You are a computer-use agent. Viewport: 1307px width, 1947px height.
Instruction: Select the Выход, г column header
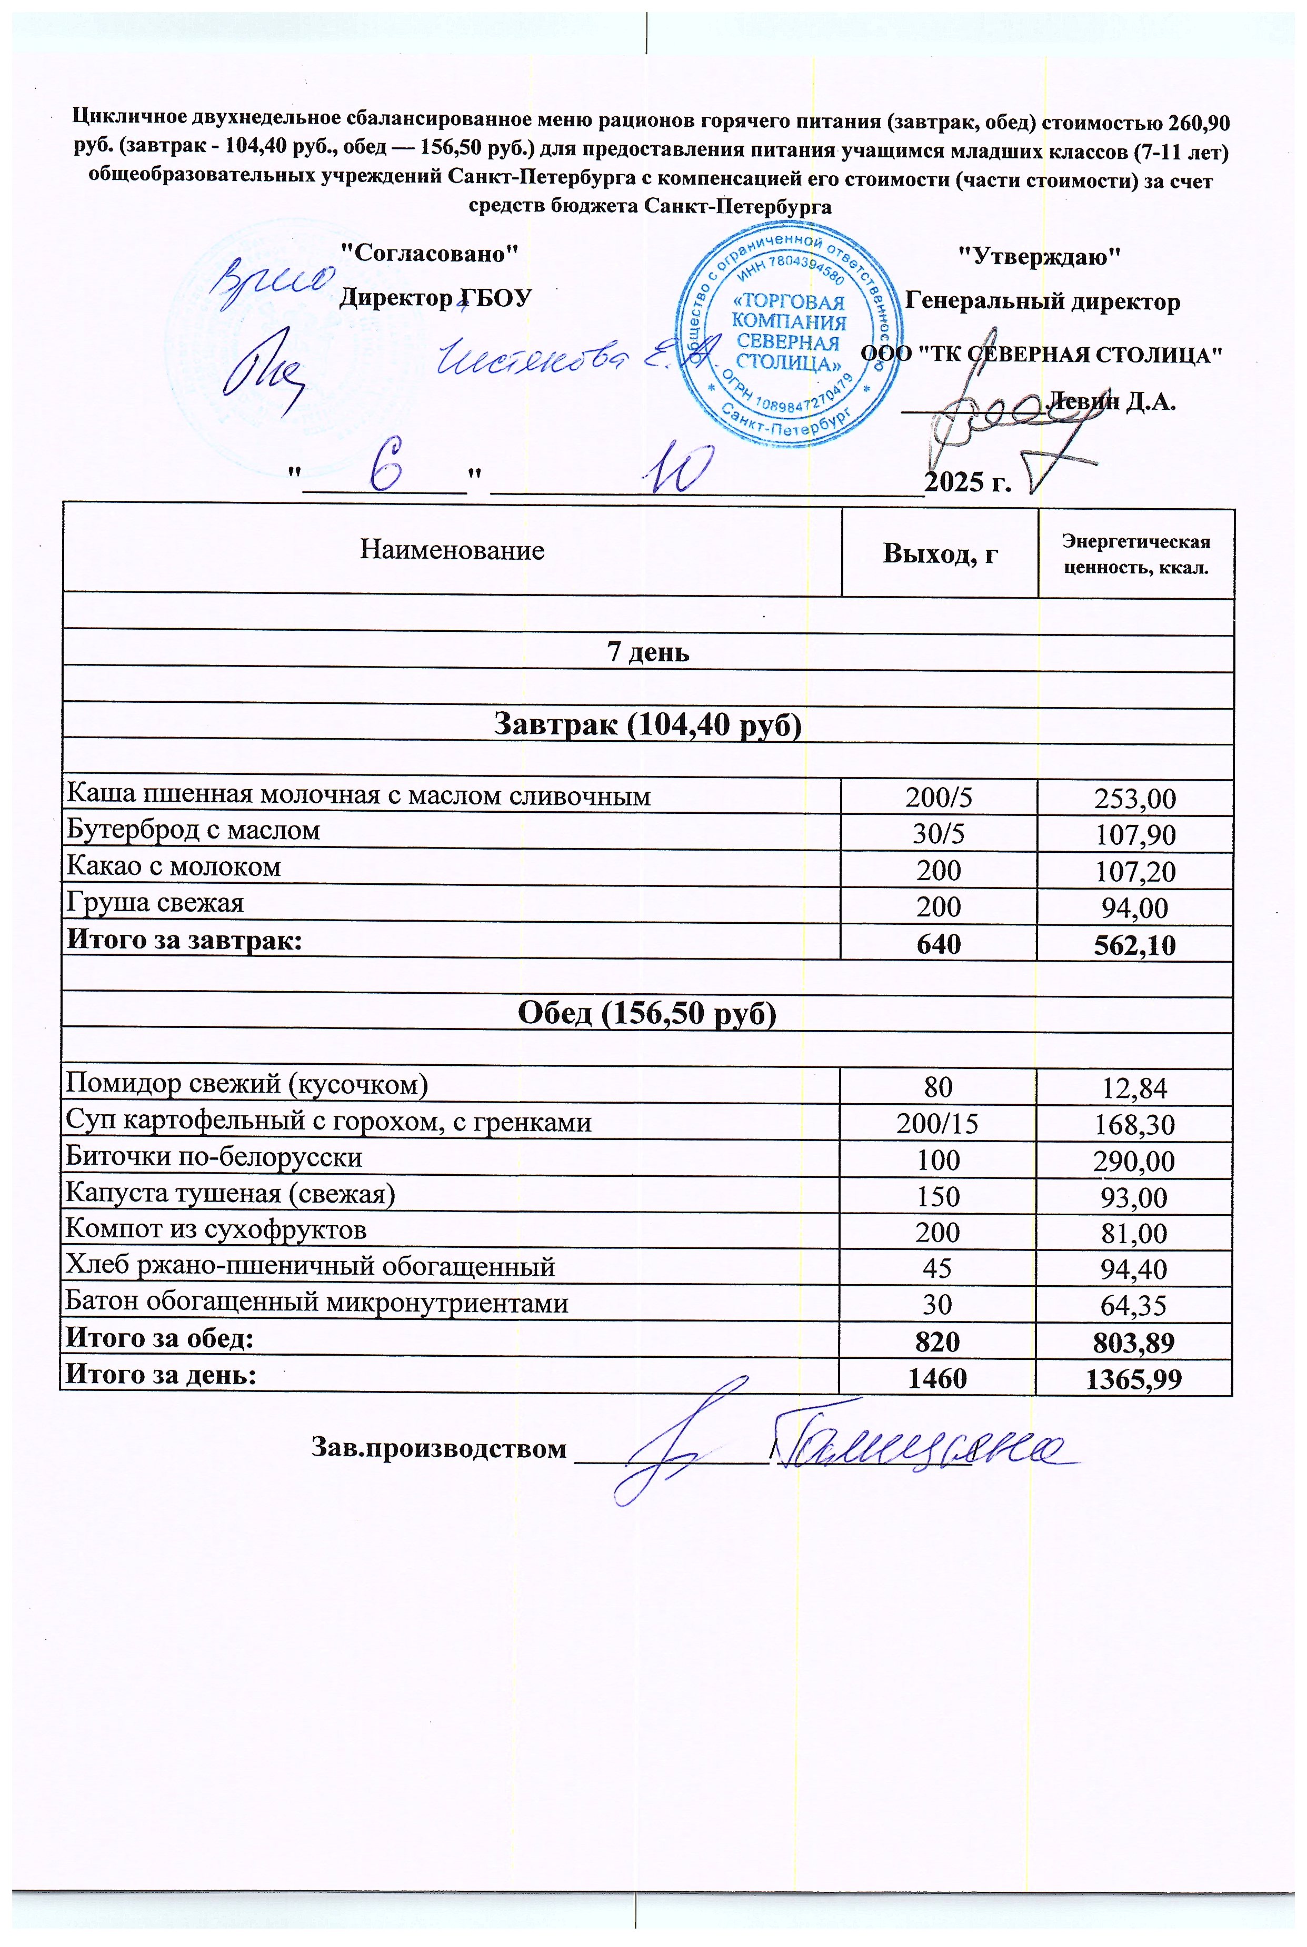pos(940,554)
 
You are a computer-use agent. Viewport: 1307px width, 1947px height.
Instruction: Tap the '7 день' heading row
pos(647,651)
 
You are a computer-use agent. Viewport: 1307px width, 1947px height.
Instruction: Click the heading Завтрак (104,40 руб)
pos(647,724)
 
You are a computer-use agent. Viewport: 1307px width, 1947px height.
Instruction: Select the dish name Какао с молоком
pos(173,867)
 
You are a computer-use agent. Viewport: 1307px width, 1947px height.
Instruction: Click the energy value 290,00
pos(1134,1161)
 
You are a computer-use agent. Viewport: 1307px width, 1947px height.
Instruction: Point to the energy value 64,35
pos(1134,1305)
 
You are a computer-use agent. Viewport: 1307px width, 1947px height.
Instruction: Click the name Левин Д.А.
pos(1111,401)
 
